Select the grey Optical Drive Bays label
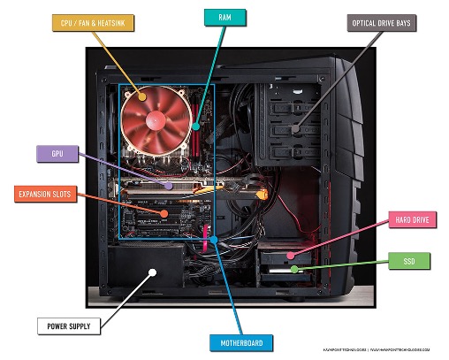coord(381,22)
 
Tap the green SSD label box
coord(409,262)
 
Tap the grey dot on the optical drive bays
coord(294,129)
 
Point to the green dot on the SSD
coord(290,265)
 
